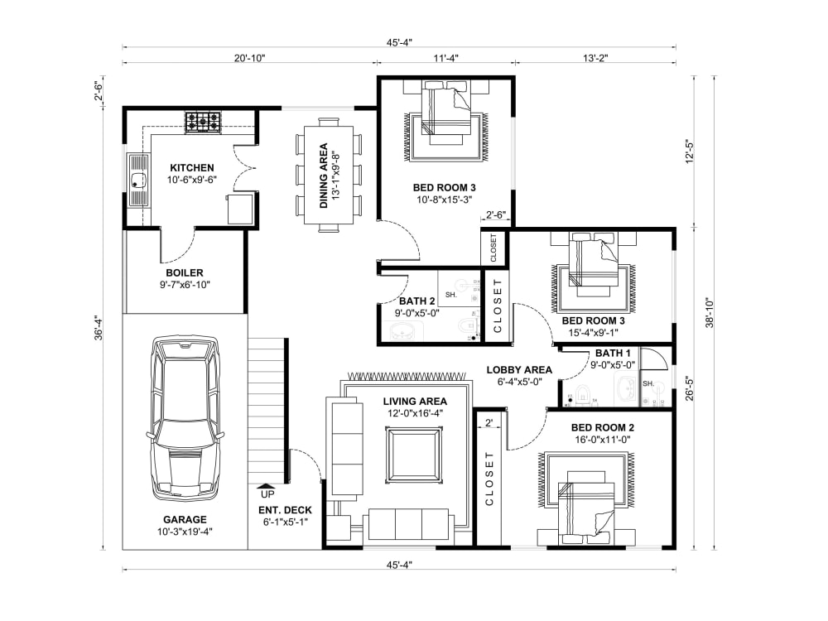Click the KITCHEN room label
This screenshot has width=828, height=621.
192,167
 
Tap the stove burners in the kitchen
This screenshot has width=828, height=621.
203,123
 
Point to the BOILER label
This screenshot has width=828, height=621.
184,272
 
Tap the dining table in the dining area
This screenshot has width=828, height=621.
329,176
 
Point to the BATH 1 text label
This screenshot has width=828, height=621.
614,354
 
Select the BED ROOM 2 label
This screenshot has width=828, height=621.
603,428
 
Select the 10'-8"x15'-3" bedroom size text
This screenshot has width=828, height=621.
444,200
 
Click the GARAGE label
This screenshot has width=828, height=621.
185,520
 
